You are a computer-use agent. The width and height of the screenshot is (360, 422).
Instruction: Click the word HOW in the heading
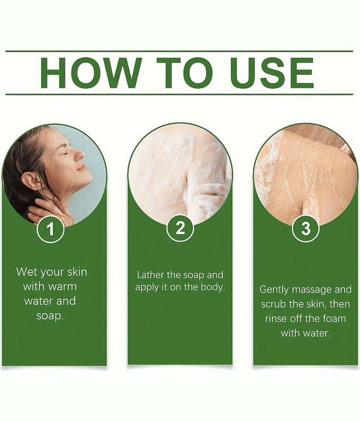(x=91, y=73)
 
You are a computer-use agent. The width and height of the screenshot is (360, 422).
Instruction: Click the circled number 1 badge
(x=50, y=229)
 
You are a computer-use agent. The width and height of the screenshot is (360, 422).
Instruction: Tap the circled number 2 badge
(x=180, y=228)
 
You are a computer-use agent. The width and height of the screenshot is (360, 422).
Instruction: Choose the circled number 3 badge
(x=306, y=228)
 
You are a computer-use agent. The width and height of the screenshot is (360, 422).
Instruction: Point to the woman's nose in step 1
(x=80, y=155)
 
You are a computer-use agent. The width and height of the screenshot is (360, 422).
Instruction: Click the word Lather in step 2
(x=151, y=275)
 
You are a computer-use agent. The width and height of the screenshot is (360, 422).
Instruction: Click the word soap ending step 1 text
(x=50, y=315)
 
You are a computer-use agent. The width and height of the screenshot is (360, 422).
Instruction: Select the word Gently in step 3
(x=274, y=290)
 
